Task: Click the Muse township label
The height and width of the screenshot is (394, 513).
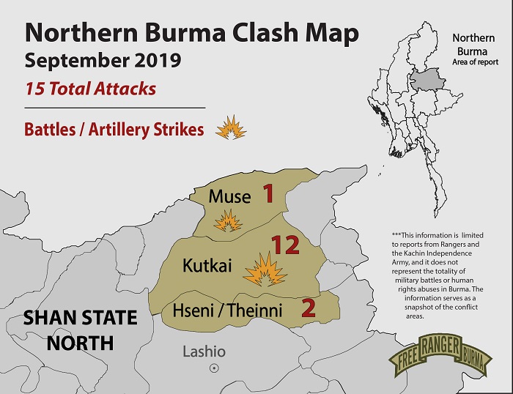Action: (229, 196)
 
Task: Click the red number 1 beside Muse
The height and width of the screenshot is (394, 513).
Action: (267, 194)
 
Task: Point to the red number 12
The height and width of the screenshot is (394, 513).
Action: (285, 245)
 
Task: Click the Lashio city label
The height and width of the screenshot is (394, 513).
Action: (204, 352)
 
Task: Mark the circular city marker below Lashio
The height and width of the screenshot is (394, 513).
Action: (214, 368)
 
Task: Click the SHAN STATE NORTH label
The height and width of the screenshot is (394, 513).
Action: (80, 330)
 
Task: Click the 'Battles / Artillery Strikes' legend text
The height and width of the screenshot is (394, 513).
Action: (114, 130)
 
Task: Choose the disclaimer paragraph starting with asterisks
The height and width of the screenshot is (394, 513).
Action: (447, 272)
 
